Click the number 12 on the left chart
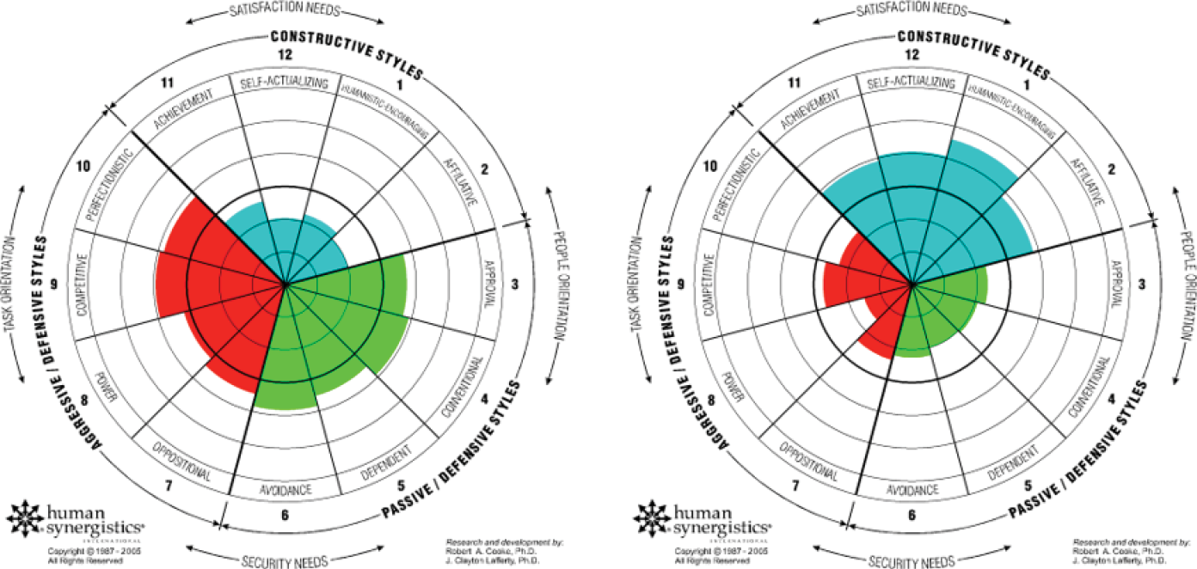point(285,53)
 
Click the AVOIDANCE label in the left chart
point(285,492)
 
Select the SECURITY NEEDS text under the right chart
point(912,560)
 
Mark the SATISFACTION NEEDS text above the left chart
point(285,11)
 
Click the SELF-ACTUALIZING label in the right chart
point(912,83)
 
